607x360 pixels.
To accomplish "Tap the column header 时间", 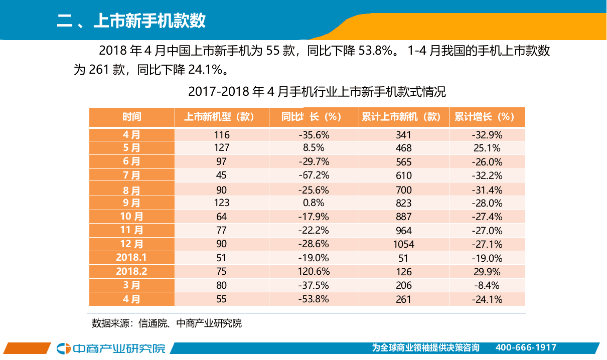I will [x=132, y=117].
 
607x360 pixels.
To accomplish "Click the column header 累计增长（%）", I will [x=485, y=117].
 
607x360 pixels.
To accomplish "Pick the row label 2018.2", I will [x=131, y=271].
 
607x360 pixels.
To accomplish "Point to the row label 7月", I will [x=132, y=175].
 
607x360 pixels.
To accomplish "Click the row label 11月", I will [x=132, y=230].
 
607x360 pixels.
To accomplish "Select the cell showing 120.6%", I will [x=314, y=271].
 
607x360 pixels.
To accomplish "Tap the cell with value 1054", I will [x=403, y=244].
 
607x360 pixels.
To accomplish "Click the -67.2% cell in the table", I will [x=314, y=175].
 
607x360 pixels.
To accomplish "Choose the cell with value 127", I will [x=221, y=147].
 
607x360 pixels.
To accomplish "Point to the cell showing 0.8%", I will [x=314, y=203].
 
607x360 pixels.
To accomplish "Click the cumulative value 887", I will [x=403, y=217].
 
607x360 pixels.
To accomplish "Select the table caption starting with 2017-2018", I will [x=317, y=92].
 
